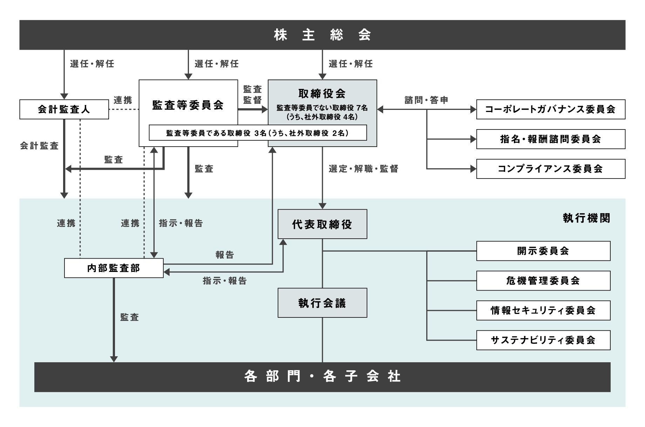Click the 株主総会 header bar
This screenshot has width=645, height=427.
click(322, 35)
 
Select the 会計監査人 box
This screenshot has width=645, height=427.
click(64, 110)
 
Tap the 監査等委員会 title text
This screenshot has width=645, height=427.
click(188, 105)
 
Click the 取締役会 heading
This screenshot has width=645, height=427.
click(322, 93)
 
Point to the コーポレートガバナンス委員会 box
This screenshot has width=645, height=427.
click(551, 110)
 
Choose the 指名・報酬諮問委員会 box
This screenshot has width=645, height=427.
click(551, 139)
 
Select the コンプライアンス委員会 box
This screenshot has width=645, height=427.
click(551, 169)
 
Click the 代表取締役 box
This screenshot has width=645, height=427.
click(322, 224)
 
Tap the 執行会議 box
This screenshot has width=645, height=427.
click(322, 303)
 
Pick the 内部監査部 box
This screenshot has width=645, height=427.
click(114, 268)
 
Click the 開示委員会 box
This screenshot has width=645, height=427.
click(543, 251)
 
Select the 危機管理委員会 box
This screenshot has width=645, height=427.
click(543, 281)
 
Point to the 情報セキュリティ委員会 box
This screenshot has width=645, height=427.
click(543, 310)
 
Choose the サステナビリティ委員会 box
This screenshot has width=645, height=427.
click(543, 340)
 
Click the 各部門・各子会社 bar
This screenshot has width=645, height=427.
click(322, 377)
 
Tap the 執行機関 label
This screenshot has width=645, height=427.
click(586, 218)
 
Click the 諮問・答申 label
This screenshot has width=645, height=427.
click(427, 100)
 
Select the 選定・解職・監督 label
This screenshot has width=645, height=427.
click(364, 169)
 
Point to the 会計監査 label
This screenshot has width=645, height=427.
click(39, 146)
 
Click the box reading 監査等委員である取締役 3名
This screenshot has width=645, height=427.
click(258, 133)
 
